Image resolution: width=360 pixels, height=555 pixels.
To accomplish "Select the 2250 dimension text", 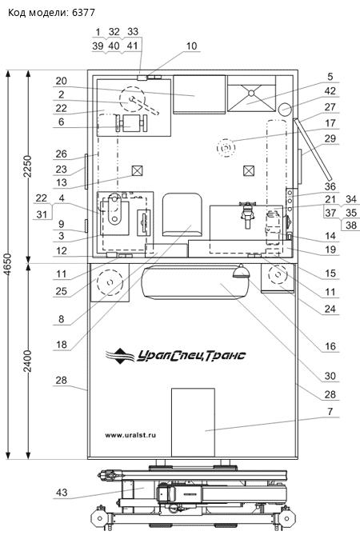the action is (28, 166).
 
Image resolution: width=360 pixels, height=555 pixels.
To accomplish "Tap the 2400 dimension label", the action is (28, 361).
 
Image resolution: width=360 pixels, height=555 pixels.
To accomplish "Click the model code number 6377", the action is (83, 12).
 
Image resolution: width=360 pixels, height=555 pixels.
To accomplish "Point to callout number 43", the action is (62, 492).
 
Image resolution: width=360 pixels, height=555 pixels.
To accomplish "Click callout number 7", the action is (330, 411).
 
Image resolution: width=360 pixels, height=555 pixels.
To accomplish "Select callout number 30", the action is (330, 376).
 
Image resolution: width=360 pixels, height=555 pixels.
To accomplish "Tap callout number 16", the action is (330, 345).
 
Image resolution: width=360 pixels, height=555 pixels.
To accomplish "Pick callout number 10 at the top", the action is (191, 46).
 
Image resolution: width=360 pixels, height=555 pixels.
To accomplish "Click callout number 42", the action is (330, 90).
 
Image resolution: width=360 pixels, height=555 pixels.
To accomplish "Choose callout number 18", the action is (62, 344).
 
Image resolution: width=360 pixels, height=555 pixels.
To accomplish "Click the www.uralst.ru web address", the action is (130, 435).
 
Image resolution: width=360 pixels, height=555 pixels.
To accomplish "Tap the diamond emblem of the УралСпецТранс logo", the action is (120, 356).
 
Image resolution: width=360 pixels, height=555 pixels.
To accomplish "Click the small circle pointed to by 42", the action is (286, 109).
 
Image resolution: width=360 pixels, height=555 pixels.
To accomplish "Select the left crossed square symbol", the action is (137, 171).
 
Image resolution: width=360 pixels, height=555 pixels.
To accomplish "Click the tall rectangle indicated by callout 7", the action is (193, 422).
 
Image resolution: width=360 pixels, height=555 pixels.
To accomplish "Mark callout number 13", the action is (62, 182).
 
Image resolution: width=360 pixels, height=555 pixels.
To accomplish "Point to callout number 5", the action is (330, 76).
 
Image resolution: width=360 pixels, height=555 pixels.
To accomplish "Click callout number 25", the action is (62, 291).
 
